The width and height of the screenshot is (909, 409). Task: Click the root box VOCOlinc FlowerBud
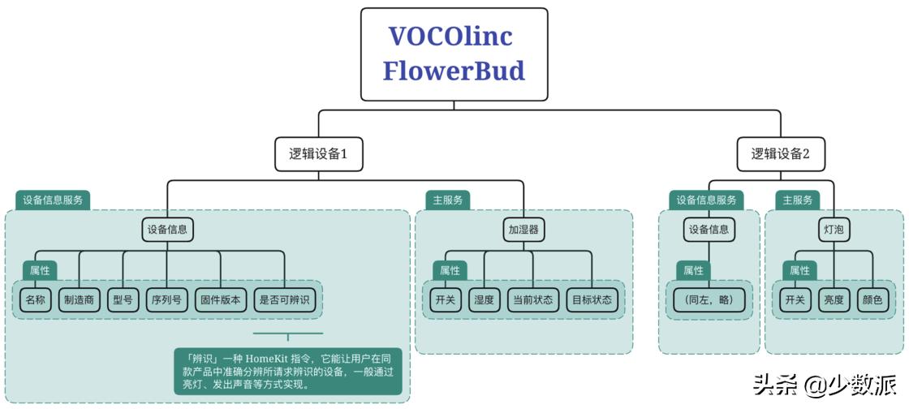[x=454, y=54]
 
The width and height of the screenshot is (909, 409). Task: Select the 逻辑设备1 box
[x=318, y=153]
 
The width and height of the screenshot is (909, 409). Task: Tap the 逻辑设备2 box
[x=780, y=153]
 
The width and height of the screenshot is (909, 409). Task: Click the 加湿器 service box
[x=523, y=230]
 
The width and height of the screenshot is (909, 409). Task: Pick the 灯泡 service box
[x=834, y=230]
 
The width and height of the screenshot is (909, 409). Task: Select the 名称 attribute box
[x=35, y=300]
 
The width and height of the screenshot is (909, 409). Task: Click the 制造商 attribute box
[x=80, y=300]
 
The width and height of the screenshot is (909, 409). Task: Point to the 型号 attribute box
[x=123, y=300]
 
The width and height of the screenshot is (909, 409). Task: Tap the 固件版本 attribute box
[x=220, y=300]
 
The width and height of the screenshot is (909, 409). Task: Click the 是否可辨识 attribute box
[x=284, y=300]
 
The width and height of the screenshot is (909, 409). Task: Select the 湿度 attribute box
[x=484, y=300]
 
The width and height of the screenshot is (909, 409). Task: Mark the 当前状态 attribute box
[x=532, y=300]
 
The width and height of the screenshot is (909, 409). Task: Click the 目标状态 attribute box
[x=592, y=300]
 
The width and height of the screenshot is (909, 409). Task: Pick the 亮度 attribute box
[x=834, y=300]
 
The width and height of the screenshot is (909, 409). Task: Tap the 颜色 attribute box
[x=872, y=300]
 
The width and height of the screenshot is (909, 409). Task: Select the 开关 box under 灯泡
[x=795, y=300]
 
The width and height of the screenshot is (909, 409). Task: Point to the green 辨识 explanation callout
[x=287, y=370]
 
